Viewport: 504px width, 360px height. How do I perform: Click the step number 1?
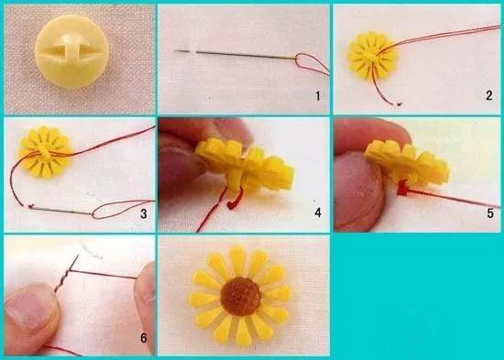pos(318,96)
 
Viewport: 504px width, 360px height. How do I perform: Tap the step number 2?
pos(489,95)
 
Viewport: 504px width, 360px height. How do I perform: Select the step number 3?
pos(143,213)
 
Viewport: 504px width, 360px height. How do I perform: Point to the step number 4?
pos(318,213)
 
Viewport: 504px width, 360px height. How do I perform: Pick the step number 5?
pos(490,213)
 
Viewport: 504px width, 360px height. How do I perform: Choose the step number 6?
pos(143,338)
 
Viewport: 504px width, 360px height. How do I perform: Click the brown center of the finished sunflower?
pos(241,297)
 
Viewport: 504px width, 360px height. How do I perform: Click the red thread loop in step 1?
pos(312,63)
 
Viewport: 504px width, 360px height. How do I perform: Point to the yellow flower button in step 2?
pos(372,55)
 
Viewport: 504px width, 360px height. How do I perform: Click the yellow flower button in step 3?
pos(45,152)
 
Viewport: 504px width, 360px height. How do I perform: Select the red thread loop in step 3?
pos(122,209)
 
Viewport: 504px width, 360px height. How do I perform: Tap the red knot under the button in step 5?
pos(402,189)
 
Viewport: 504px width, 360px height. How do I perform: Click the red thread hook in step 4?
pos(236,200)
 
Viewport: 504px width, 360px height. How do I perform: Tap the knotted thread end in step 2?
pos(399,104)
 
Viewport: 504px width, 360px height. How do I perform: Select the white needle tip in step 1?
pos(192,50)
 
